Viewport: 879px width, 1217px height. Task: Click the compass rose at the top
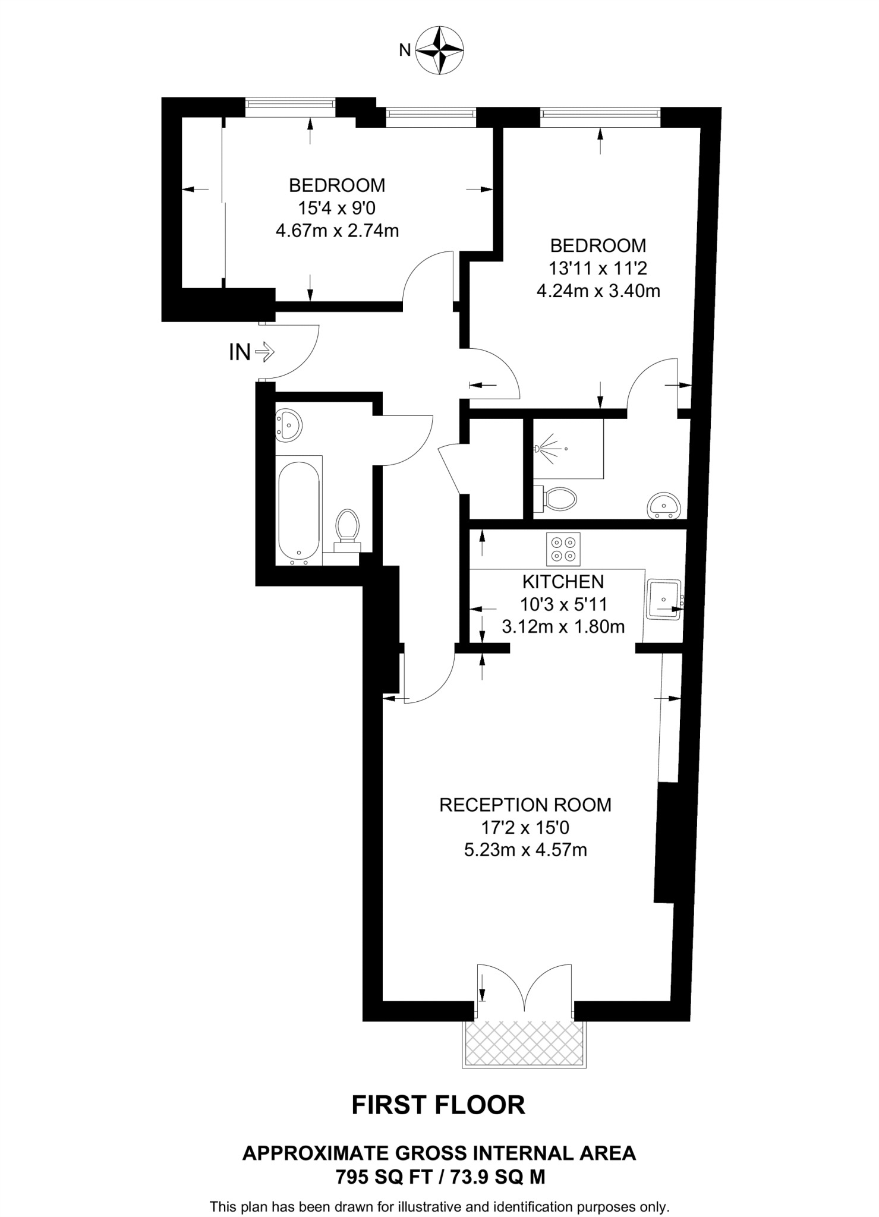pos(440,50)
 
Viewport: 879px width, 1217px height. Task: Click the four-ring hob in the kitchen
pos(563,549)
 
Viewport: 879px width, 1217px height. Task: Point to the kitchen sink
pos(664,599)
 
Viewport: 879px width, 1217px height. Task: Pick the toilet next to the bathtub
pos(347,531)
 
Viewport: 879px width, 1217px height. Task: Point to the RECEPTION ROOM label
pos(525,805)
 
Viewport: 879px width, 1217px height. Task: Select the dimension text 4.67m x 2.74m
pos(337,231)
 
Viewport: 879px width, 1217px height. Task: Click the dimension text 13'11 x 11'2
pos(597,269)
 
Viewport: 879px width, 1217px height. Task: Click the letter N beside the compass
pos(405,51)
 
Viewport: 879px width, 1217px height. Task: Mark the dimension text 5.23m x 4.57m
pos(525,850)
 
